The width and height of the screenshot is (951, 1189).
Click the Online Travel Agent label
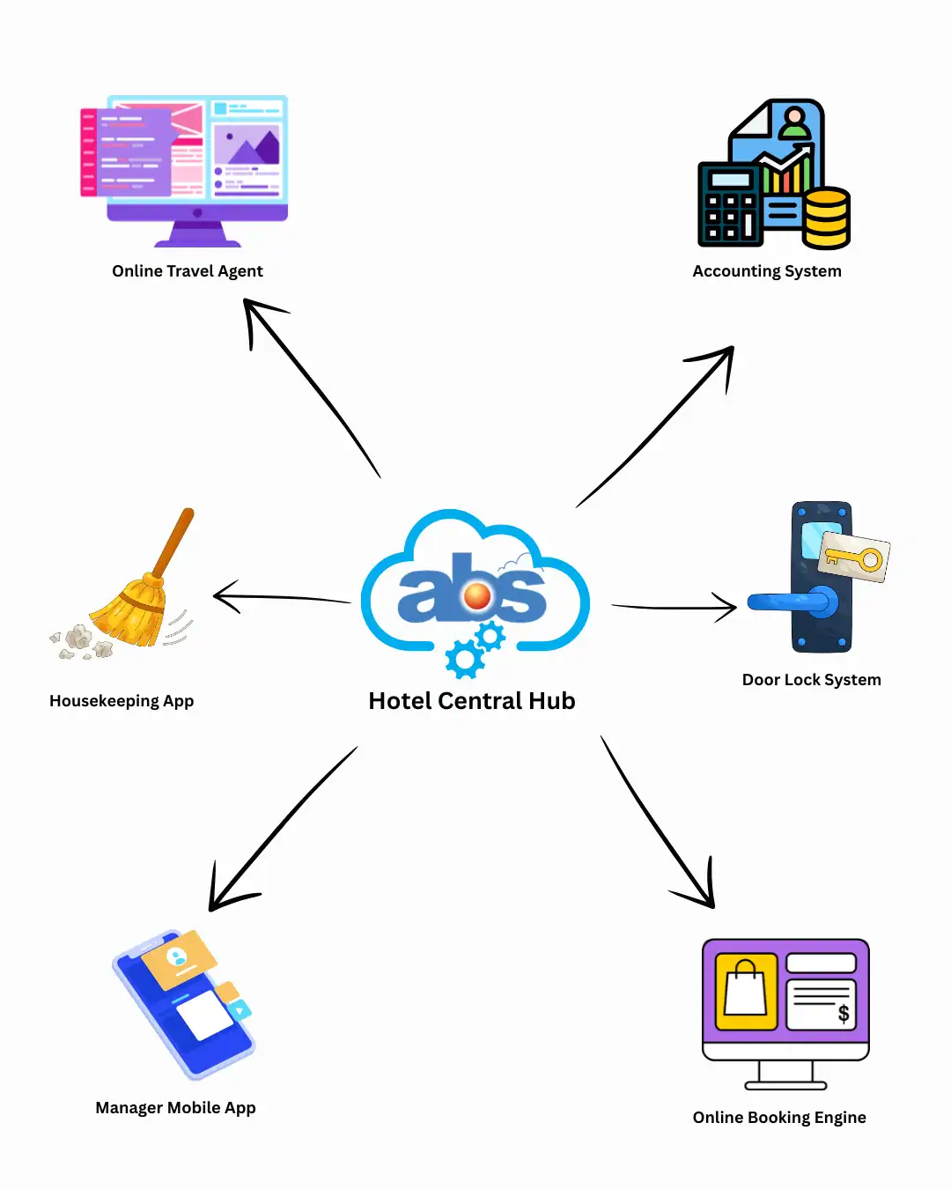coord(187,271)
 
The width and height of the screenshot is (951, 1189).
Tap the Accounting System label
coord(766,271)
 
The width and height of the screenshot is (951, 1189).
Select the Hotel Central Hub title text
coord(471,701)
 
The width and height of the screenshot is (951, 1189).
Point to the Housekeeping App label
coord(122,701)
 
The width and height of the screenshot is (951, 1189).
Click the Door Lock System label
coord(811,680)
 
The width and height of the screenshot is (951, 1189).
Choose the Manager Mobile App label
coord(175,1108)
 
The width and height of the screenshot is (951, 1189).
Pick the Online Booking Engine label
coord(778,1118)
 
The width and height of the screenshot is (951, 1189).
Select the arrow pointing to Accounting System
coord(656,426)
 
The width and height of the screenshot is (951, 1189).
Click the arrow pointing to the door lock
coord(674,607)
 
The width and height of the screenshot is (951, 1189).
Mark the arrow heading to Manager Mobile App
coord(282,828)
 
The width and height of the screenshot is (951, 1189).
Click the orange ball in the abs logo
coord(477,596)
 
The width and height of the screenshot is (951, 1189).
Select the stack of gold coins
coord(826,218)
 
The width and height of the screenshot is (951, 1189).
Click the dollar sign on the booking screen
coord(844,1014)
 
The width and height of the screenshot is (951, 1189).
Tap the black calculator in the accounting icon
coord(729,204)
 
